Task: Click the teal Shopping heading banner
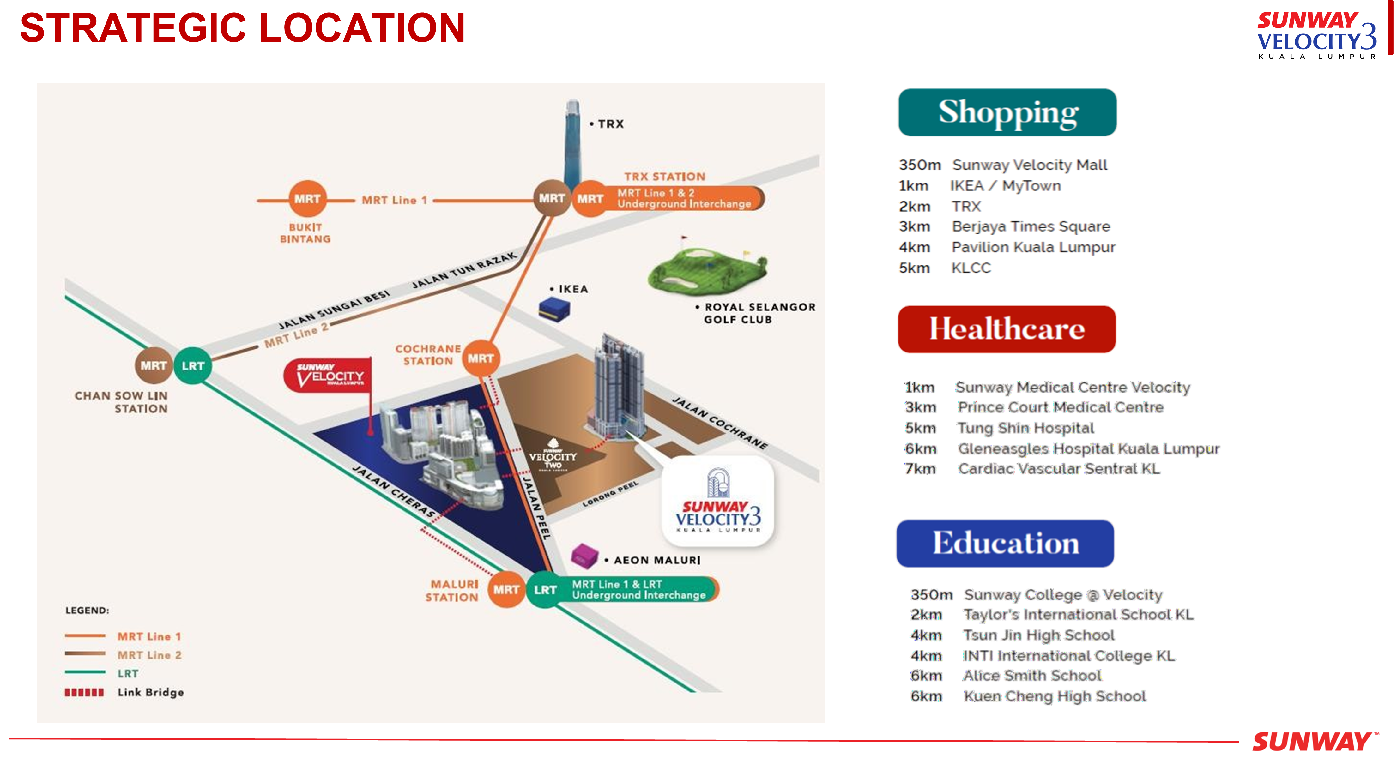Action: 1007,112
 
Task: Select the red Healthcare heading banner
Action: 1007,329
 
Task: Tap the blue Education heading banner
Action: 1005,543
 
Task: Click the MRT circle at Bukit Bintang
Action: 307,199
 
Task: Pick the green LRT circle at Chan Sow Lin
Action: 192,366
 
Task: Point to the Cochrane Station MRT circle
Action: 481,358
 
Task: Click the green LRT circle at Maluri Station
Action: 545,589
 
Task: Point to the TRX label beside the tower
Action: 610,124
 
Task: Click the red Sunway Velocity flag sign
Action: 328,375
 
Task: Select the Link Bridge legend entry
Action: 125,693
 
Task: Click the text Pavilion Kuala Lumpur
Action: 1033,247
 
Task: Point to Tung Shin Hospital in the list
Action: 1025,428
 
